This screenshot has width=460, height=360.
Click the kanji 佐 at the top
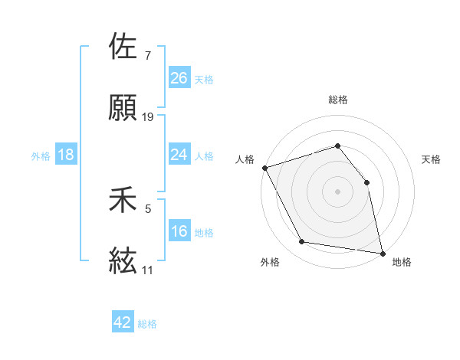(123, 47)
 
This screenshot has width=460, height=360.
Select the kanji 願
(123, 108)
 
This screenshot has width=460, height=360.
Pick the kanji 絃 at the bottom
(123, 261)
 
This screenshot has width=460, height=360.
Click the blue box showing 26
(179, 78)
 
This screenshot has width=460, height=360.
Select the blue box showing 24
(179, 155)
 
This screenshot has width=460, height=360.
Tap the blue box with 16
(179, 231)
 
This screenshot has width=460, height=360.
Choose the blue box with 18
(66, 155)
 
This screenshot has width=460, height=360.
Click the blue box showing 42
(123, 322)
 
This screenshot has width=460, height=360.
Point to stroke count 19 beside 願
(148, 117)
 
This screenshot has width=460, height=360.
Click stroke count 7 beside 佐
(147, 56)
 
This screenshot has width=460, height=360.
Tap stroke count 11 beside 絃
(147, 270)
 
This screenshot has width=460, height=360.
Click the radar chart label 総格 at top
(338, 100)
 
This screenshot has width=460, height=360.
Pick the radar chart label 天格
(432, 159)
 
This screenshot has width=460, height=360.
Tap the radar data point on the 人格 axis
(264, 168)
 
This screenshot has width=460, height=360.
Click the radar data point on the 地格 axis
(382, 252)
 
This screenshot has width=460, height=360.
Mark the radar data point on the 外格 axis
(302, 242)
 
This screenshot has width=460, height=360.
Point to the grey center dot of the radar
(337, 191)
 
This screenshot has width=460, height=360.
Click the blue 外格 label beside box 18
(41, 155)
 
